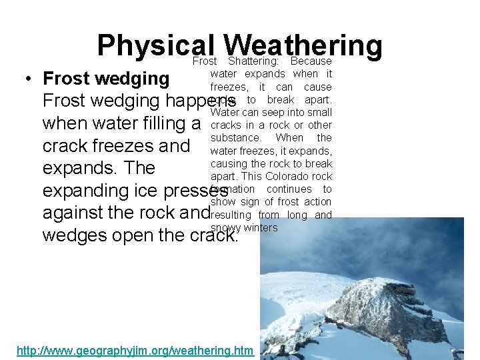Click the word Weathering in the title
(303, 45)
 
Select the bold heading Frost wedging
(106, 79)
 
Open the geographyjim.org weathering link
(135, 350)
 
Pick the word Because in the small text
(311, 61)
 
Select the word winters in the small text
(261, 228)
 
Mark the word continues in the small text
(292, 189)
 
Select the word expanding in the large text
(87, 191)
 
